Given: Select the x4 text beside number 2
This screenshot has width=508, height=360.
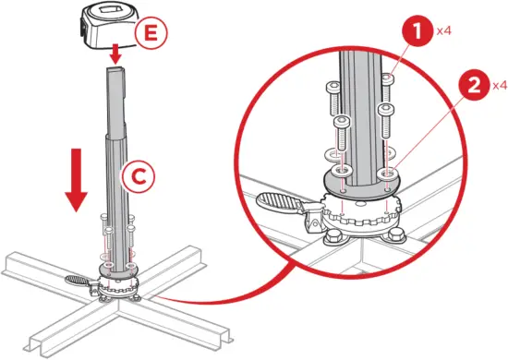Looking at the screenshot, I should click(x=498, y=86).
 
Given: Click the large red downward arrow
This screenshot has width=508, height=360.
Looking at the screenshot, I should click(x=77, y=180).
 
